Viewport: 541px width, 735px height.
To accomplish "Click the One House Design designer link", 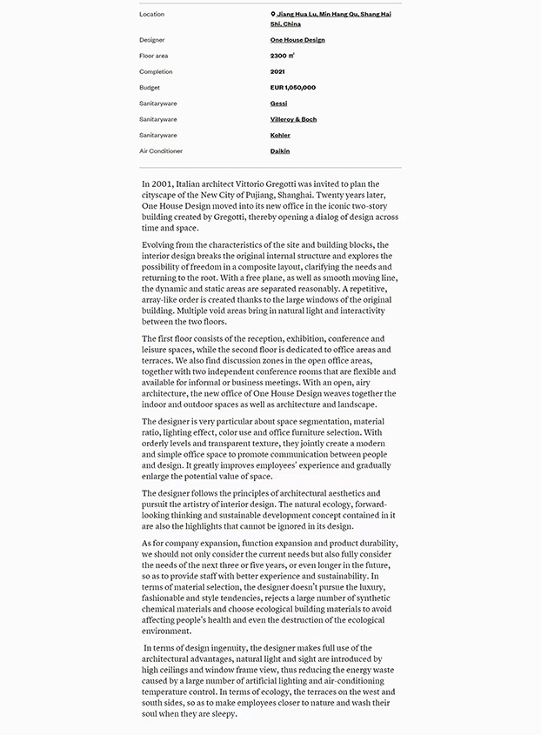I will [x=297, y=40].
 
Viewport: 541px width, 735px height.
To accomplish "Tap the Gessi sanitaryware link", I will [x=278, y=104].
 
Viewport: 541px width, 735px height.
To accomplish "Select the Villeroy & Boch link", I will [x=293, y=119].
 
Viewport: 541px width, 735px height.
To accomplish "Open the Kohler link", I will [x=280, y=136].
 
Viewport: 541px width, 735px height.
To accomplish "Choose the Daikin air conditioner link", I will [x=280, y=151].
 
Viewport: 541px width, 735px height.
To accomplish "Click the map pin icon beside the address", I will [x=273, y=15].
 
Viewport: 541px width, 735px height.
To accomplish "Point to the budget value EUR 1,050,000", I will [x=293, y=88].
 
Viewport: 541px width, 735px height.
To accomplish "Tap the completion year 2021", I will [x=277, y=72].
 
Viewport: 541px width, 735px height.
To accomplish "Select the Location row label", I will [x=151, y=15].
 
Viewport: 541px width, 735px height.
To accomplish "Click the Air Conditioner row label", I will [x=161, y=151].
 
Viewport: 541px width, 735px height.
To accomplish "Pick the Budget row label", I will [x=150, y=88].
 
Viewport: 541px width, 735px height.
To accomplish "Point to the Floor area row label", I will [x=154, y=56].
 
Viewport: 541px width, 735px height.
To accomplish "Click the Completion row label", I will [x=156, y=72].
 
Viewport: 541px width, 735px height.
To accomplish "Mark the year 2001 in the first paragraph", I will [x=161, y=184].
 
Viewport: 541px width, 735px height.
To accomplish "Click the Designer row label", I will [x=152, y=40].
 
